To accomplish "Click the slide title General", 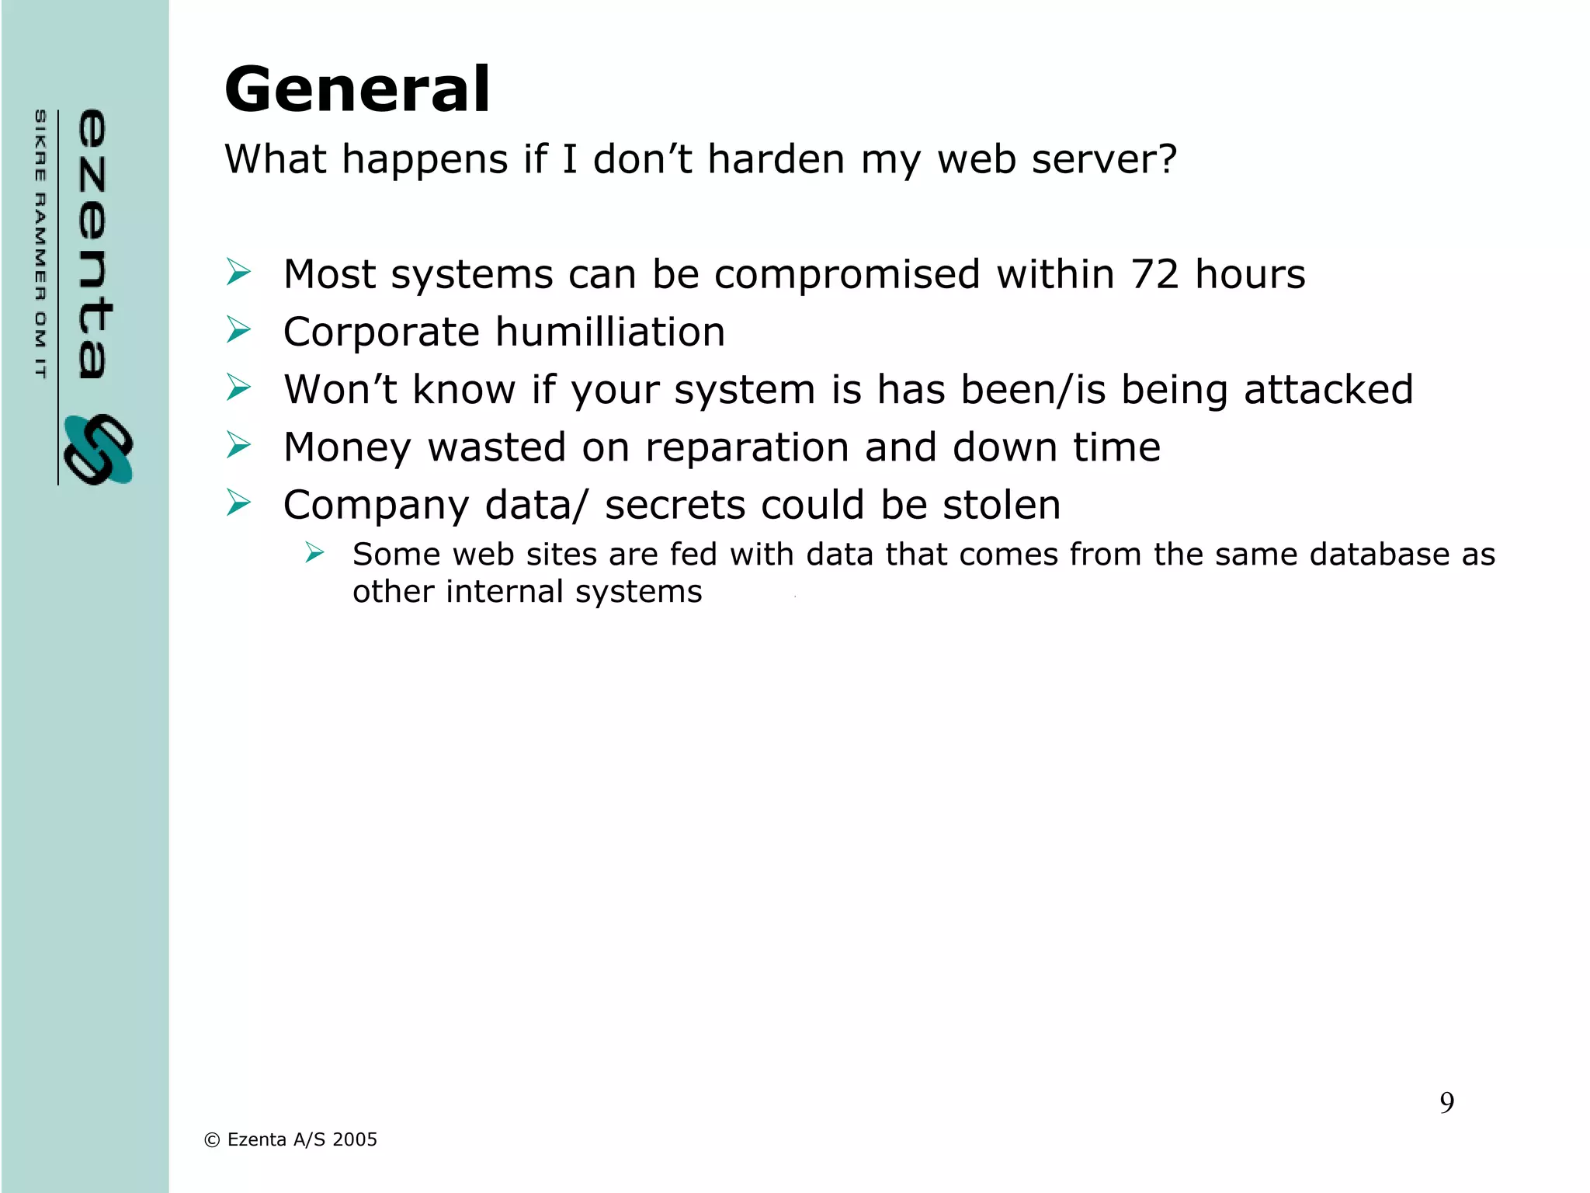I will (x=357, y=89).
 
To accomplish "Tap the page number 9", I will (x=1446, y=1102).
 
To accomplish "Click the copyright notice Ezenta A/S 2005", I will (x=290, y=1139).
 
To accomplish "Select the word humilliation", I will (x=610, y=332).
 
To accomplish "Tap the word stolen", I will (x=1002, y=505).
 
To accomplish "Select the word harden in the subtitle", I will (x=776, y=159).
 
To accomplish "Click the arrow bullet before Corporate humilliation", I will (x=239, y=330).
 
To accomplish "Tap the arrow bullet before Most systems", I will (x=239, y=273).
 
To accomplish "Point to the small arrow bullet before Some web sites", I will (x=314, y=553).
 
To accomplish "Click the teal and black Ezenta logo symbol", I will (x=99, y=450).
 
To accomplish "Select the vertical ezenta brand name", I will (x=93, y=244).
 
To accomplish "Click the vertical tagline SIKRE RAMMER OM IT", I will (x=40, y=244).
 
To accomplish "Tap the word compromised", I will (x=847, y=274).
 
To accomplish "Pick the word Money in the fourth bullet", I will (x=347, y=447).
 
